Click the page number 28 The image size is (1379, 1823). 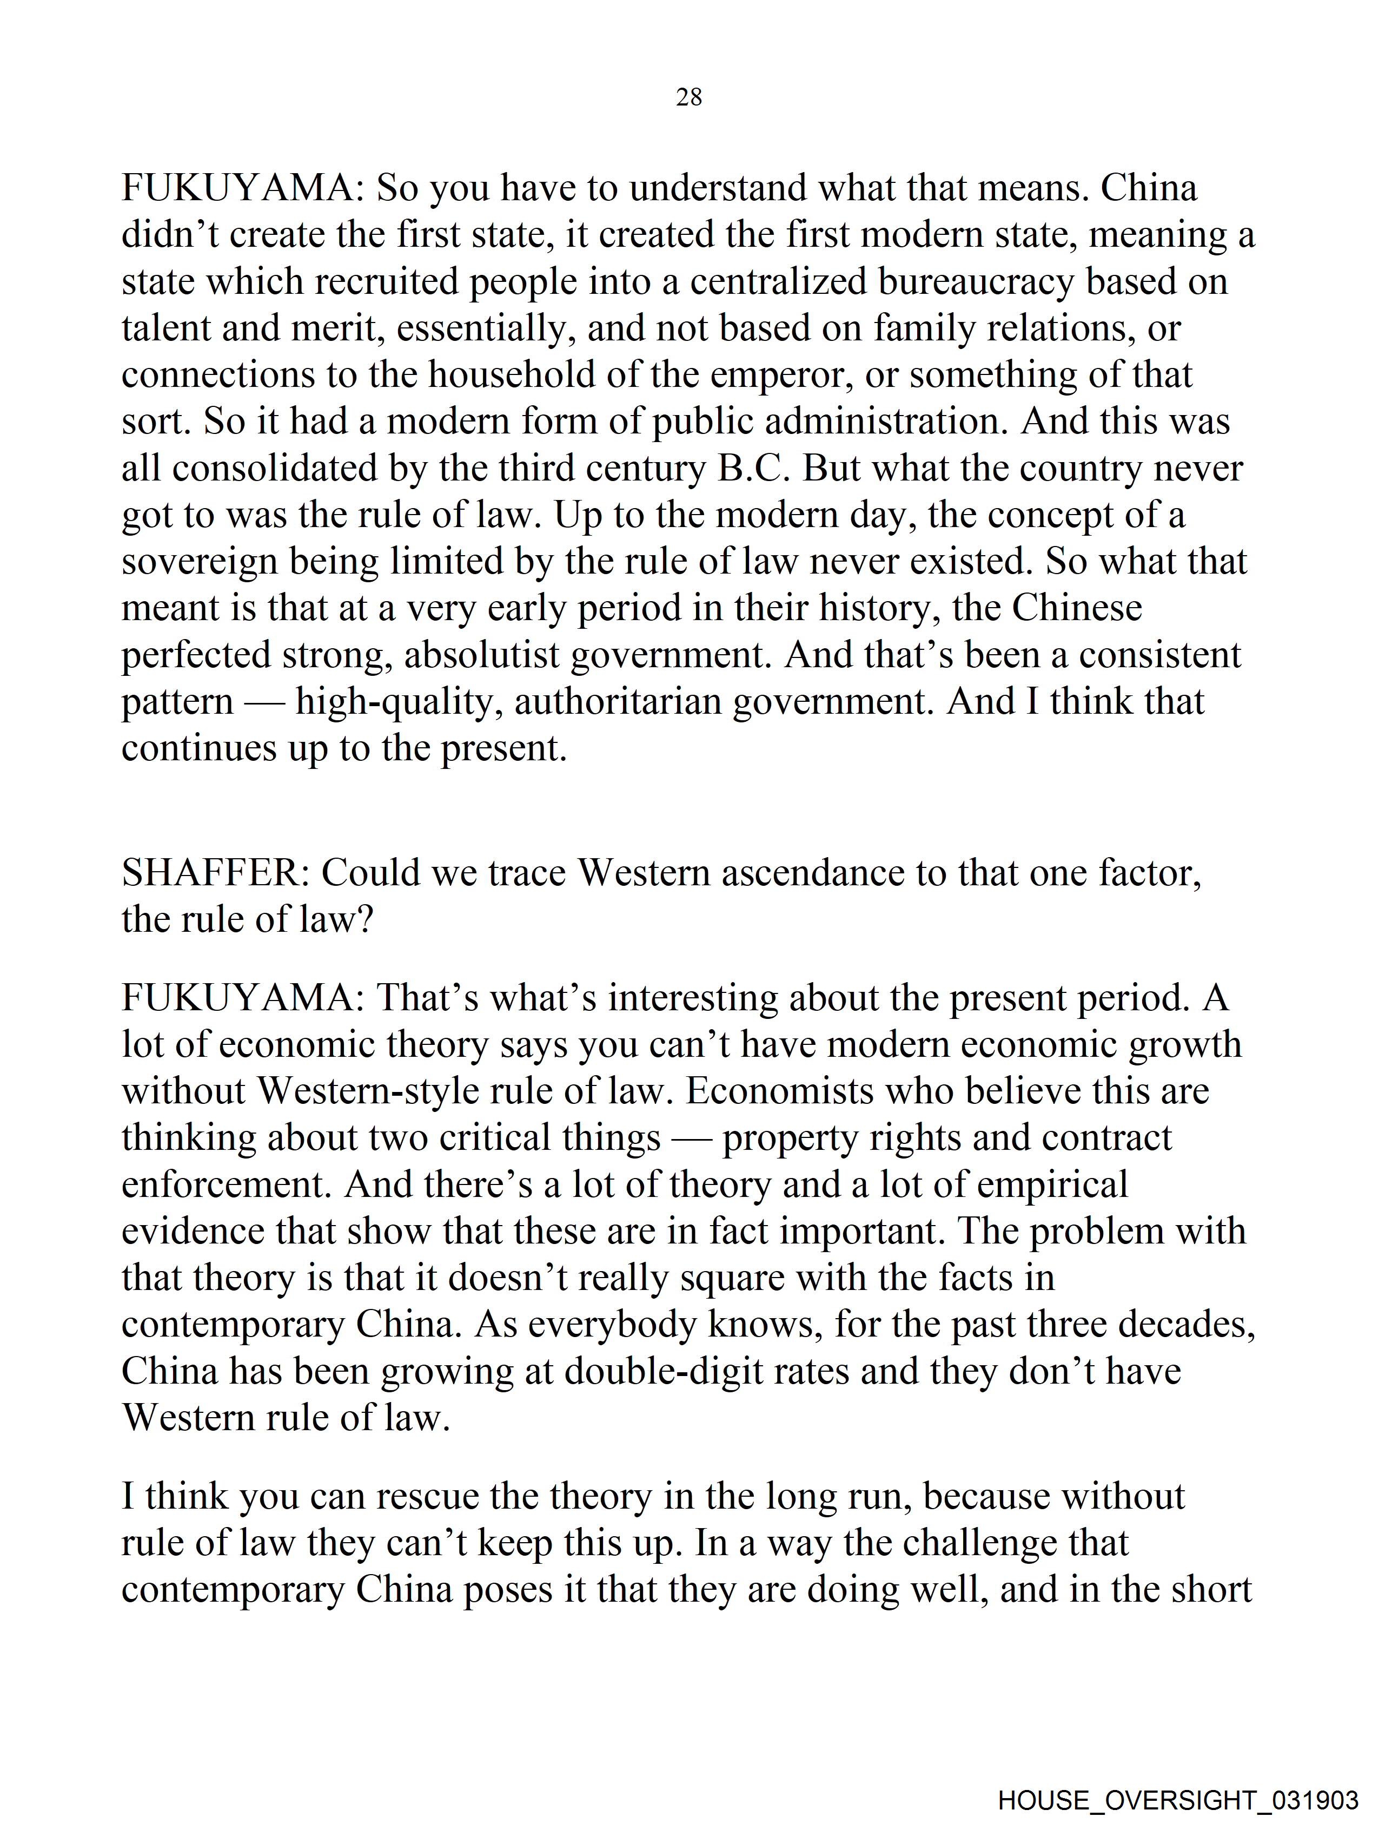[x=688, y=98]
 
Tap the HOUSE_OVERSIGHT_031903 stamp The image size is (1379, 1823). [x=1177, y=1800]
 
